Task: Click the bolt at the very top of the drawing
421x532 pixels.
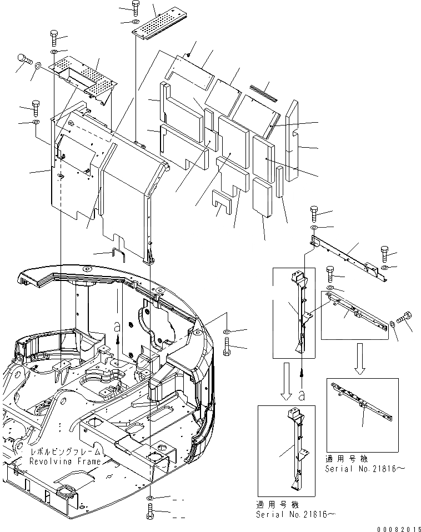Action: pyautogui.click(x=136, y=7)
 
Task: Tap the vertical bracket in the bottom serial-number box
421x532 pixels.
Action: pyautogui.click(x=295, y=444)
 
